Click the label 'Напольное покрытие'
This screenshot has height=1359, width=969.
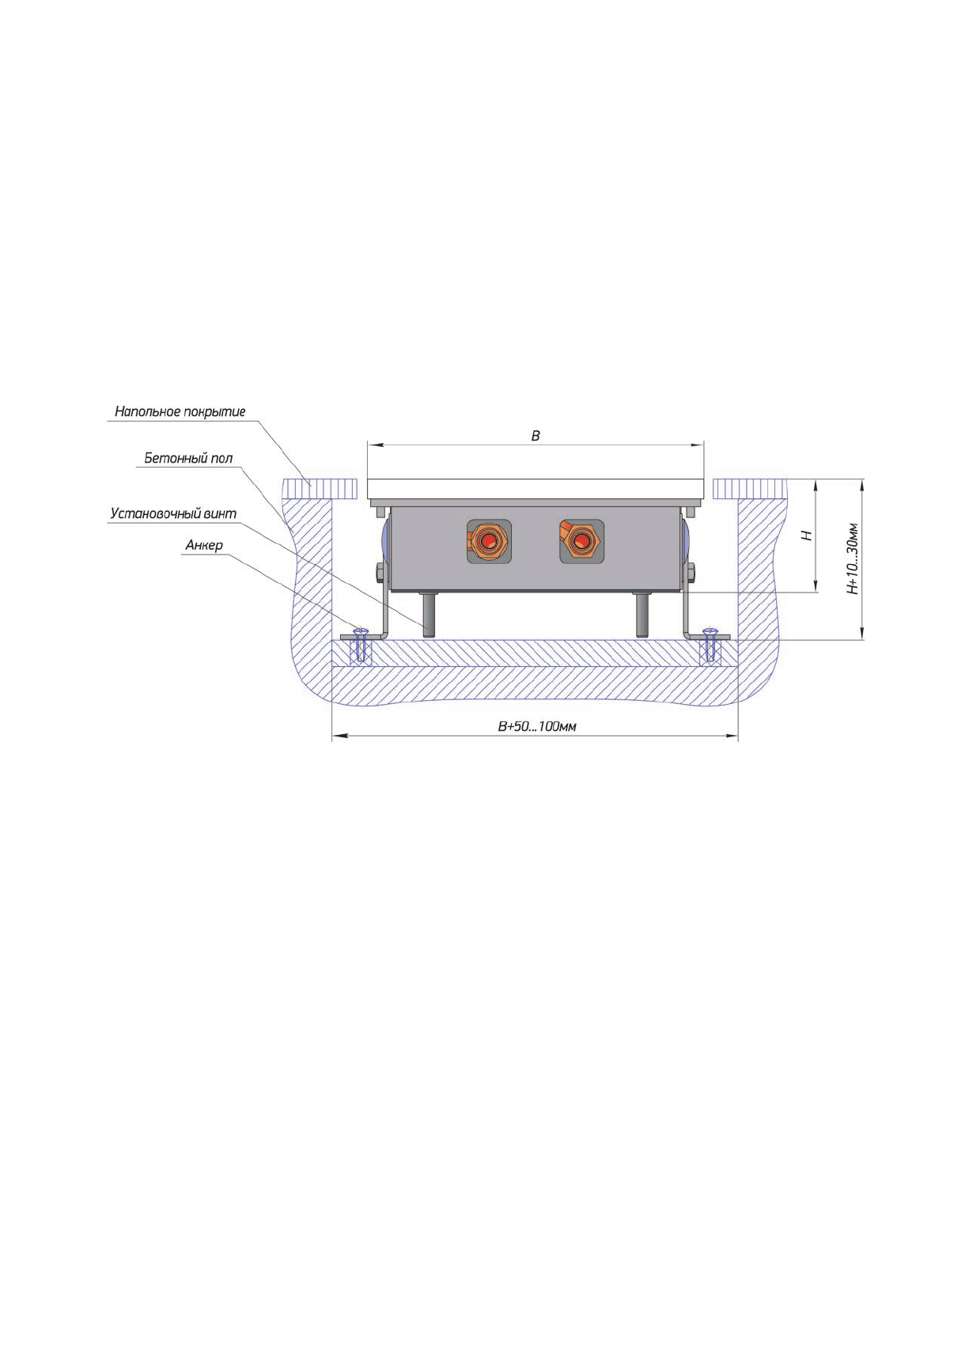coord(180,411)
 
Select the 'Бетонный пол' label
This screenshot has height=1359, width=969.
coord(188,459)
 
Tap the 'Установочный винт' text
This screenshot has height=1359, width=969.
coord(173,514)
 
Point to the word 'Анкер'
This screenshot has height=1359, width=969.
coord(204,546)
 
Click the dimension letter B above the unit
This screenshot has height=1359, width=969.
coord(536,436)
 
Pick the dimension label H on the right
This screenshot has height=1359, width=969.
coord(807,536)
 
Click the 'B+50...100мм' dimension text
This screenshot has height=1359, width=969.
coord(536,726)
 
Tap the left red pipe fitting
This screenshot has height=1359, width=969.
coord(489,541)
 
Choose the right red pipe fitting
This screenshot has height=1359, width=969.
coord(581,541)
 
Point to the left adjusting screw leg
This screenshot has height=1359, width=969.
coord(430,615)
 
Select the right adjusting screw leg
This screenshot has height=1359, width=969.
coord(642,615)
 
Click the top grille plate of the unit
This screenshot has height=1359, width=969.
coord(536,489)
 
